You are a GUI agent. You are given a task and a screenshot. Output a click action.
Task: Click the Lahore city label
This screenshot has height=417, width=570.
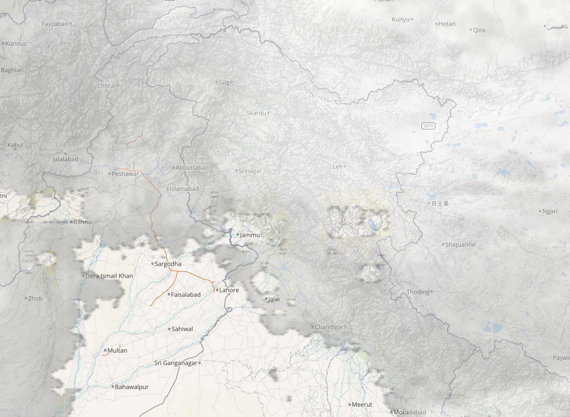pyautogui.click(x=229, y=290)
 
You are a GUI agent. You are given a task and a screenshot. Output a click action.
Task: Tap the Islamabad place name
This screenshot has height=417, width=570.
pyautogui.click(x=184, y=189)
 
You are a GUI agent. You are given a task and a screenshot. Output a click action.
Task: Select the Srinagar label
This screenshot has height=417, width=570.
pyautogui.click(x=250, y=171)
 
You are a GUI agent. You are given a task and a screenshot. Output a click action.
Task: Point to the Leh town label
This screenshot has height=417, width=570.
pyautogui.click(x=338, y=166)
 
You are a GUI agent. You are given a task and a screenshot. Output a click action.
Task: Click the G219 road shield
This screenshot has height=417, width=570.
pyautogui.click(x=428, y=126)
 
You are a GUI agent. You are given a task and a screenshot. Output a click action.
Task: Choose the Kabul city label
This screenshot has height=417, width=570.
pyautogui.click(x=15, y=145)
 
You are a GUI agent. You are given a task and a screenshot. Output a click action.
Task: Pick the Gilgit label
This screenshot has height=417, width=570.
pyautogui.click(x=226, y=82)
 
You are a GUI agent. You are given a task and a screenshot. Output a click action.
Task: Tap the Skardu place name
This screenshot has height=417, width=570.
pyautogui.click(x=256, y=113)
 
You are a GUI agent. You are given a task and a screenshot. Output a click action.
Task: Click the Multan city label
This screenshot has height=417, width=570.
pyautogui.click(x=117, y=351)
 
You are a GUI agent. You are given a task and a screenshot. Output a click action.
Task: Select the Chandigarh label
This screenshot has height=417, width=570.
pyautogui.click(x=331, y=327)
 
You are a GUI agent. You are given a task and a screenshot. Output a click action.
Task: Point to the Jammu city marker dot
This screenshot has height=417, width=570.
pyautogui.click(x=238, y=235)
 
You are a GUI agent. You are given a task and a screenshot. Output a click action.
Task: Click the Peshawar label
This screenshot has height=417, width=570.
pyautogui.click(x=125, y=174)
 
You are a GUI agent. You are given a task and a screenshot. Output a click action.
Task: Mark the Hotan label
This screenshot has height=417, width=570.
pyautogui.click(x=447, y=24)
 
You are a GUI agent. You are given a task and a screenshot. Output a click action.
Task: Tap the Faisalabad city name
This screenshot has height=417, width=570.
pyautogui.click(x=186, y=295)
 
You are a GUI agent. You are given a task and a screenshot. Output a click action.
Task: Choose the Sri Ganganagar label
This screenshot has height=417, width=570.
pyautogui.click(x=176, y=363)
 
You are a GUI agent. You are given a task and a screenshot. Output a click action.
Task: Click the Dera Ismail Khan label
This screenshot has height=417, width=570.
pyautogui.click(x=109, y=276)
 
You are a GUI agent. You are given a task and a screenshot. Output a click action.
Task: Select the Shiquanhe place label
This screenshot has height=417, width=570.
pyautogui.click(x=460, y=245)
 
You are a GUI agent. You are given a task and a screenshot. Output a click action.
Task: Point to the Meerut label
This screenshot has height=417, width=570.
pyautogui.click(x=362, y=404)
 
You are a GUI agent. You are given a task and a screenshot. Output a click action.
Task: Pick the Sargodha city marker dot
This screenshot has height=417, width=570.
pyautogui.click(x=152, y=263)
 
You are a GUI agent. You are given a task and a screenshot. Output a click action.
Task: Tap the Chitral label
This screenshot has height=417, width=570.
pyautogui.click(x=106, y=86)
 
